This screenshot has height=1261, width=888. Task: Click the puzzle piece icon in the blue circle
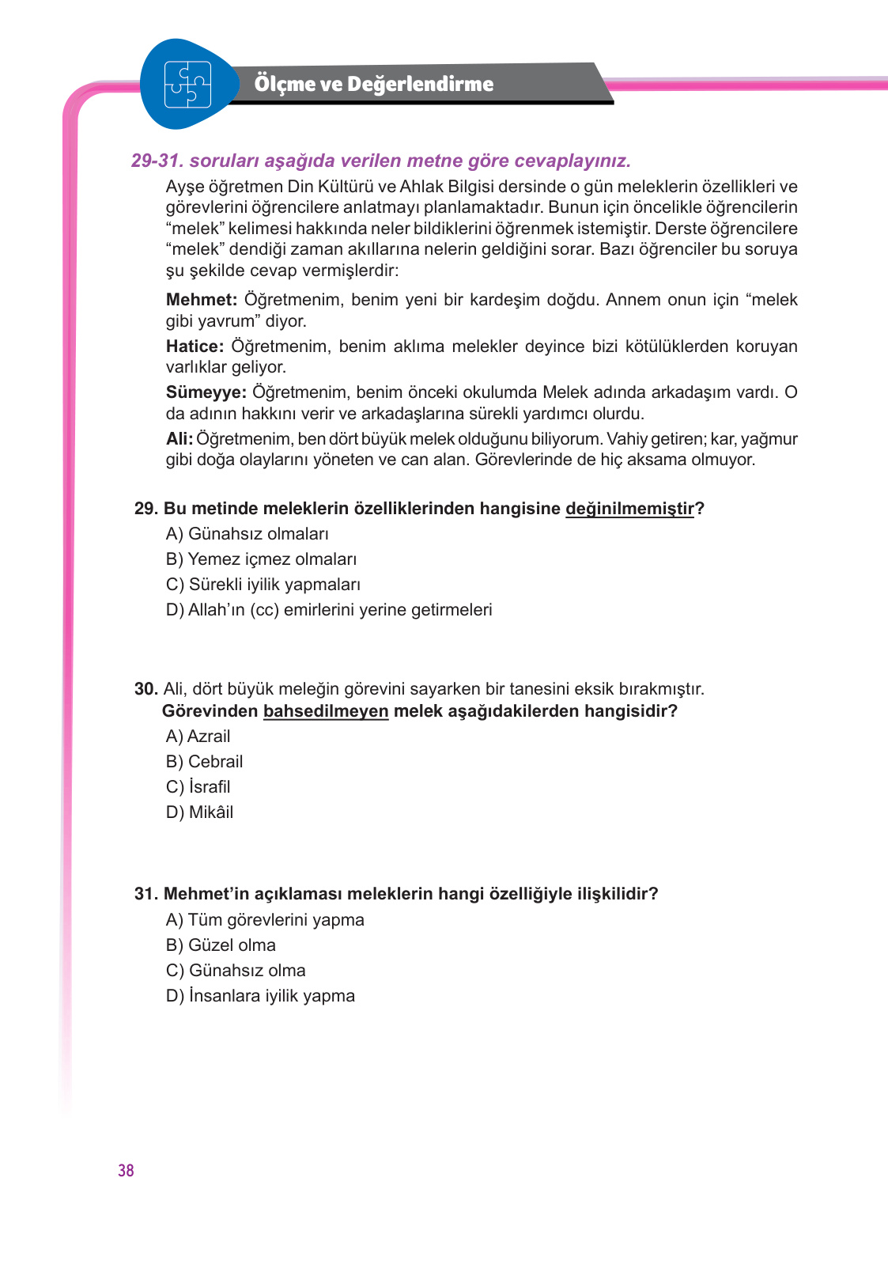[187, 84]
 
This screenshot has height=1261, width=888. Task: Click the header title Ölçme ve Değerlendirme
[373, 84]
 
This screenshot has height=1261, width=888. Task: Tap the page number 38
[126, 1171]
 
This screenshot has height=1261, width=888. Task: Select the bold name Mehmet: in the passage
[201, 300]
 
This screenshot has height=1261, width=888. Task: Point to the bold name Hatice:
[195, 346]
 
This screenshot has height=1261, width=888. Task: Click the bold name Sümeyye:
[206, 392]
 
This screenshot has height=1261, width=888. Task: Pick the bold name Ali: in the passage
[179, 439]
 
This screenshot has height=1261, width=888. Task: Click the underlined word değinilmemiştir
[629, 509]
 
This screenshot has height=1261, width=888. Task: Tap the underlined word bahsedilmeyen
[325, 711]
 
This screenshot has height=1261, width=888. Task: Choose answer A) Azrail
[198, 737]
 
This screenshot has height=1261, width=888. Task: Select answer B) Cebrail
[204, 762]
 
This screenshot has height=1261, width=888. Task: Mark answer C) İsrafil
[198, 787]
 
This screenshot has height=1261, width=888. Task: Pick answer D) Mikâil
[199, 812]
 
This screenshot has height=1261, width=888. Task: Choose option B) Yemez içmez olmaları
[261, 559]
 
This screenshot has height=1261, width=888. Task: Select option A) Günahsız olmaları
[247, 534]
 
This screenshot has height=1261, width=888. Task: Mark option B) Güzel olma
[221, 945]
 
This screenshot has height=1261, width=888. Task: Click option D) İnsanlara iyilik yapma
[260, 996]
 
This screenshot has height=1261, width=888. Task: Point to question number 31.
[145, 894]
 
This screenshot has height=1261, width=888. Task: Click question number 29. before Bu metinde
[145, 509]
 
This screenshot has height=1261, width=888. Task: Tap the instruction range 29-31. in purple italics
[157, 161]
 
